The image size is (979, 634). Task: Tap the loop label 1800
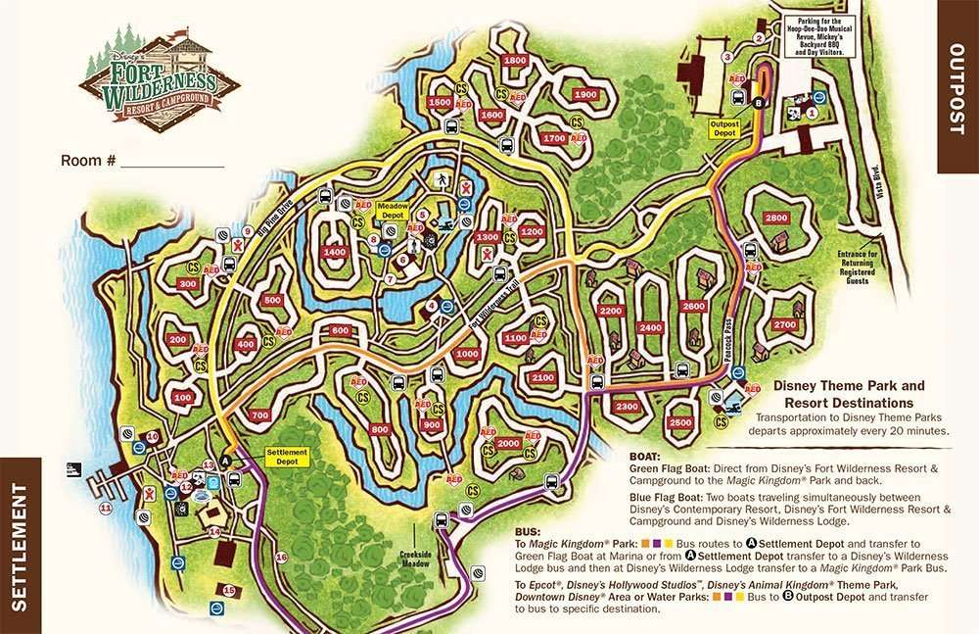pos(515,61)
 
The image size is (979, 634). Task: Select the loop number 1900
pos(585,94)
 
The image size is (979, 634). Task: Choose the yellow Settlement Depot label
pos(287,457)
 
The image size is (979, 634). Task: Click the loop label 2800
pos(776,218)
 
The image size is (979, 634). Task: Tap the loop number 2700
pos(784,324)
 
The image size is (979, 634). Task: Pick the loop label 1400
pos(335,253)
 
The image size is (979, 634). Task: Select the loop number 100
pos(182,398)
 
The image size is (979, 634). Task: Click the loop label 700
pos(259,416)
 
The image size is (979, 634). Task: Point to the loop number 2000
pos(508,443)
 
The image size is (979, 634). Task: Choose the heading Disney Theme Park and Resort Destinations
pos(843,395)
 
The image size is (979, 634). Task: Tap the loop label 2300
pos(628,407)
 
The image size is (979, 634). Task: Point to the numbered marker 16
pos(281,558)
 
